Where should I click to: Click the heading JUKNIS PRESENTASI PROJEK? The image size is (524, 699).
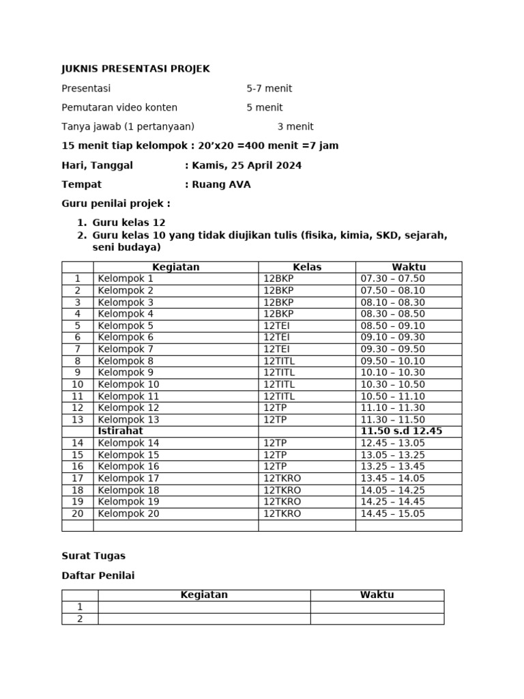(136, 69)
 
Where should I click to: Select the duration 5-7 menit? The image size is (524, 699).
(269, 89)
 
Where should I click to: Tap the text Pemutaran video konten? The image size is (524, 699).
(119, 108)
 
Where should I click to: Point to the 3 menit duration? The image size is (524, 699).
(295, 126)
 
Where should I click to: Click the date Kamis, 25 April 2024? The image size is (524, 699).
(246, 165)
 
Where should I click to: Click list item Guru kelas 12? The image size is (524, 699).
(129, 223)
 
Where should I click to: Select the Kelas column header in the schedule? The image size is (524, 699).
(307, 267)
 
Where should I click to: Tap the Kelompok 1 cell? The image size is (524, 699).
(126, 279)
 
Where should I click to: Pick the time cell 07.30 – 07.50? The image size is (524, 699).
(392, 279)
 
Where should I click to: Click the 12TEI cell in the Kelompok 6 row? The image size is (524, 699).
(276, 337)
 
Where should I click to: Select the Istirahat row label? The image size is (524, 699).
(120, 431)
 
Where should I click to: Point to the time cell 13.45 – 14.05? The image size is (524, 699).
(392, 479)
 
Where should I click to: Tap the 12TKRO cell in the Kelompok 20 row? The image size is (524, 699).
(282, 514)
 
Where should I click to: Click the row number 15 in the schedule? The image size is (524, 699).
(78, 455)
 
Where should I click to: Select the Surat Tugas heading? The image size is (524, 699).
(93, 556)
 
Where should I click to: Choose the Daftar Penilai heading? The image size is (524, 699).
(98, 575)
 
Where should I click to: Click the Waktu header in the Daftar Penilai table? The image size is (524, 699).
(377, 595)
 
